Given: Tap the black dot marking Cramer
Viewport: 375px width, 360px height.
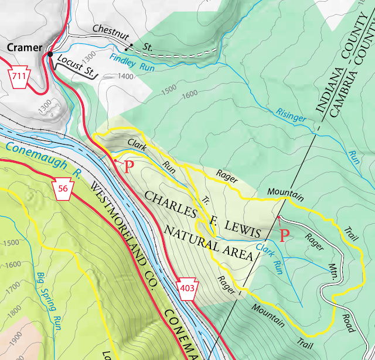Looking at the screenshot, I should click(x=51, y=54).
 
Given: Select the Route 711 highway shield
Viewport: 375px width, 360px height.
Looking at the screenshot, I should click(x=20, y=77).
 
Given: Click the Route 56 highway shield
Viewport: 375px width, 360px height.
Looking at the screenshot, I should click(x=62, y=187).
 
